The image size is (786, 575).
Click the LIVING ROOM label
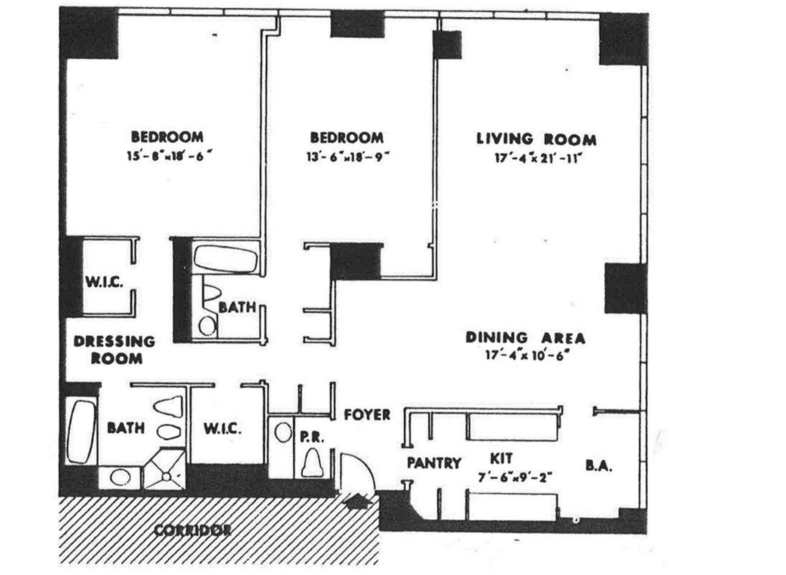click(x=536, y=139)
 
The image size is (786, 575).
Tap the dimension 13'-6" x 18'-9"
click(x=348, y=157)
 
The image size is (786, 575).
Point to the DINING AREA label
click(x=525, y=338)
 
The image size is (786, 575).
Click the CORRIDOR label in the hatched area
click(x=192, y=530)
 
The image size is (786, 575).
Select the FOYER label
click(x=367, y=414)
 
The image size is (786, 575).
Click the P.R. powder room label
click(x=312, y=437)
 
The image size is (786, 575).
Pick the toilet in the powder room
click(x=313, y=463)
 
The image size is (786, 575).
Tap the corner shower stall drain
click(x=166, y=477)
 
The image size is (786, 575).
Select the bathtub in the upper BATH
click(x=226, y=258)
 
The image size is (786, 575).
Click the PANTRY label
click(x=434, y=463)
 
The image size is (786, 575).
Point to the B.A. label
click(x=599, y=466)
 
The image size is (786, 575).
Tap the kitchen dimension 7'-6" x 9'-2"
click(x=515, y=478)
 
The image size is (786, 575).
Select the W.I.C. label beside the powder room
click(x=222, y=429)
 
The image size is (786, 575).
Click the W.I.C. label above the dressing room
click(x=104, y=282)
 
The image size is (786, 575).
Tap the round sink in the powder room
click(x=282, y=432)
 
